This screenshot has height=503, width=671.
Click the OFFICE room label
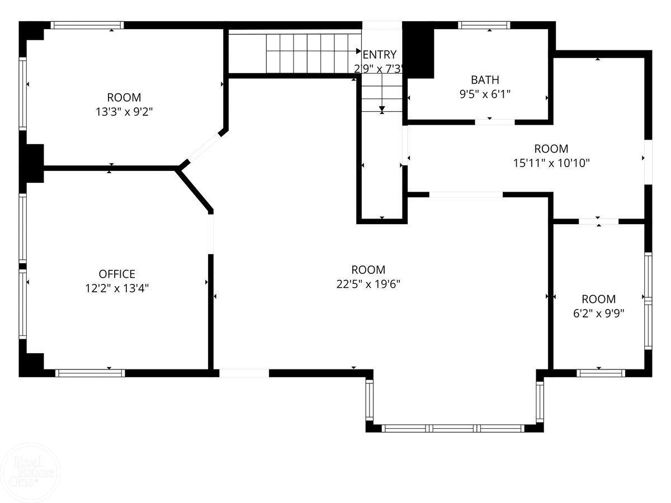pyautogui.click(x=117, y=274)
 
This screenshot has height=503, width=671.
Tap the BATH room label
pyautogui.click(x=484, y=79)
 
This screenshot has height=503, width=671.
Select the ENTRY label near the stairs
pyautogui.click(x=380, y=54)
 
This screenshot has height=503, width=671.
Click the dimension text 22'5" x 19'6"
pyautogui.click(x=368, y=284)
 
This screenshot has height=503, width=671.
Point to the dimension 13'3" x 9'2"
pyautogui.click(x=124, y=111)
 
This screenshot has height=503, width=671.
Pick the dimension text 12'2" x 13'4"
pyautogui.click(x=117, y=288)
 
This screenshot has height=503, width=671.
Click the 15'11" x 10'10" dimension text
pyautogui.click(x=551, y=163)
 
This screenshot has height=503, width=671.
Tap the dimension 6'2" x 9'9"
pyautogui.click(x=598, y=313)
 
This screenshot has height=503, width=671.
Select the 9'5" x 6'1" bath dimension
pyautogui.click(x=484, y=94)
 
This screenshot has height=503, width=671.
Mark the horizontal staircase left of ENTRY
pyautogui.click(x=310, y=52)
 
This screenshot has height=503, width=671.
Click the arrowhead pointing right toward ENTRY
pyautogui.click(x=359, y=51)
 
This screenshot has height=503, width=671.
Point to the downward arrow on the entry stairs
pyautogui.click(x=382, y=109)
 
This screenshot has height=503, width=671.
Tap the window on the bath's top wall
pyautogui.click(x=484, y=25)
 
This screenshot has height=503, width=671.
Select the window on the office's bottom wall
pyautogui.click(x=90, y=373)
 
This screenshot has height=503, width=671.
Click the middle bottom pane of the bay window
pyautogui.click(x=453, y=429)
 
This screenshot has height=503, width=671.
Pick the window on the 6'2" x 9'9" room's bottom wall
pyautogui.click(x=601, y=373)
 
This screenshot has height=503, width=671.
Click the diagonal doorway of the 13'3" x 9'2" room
pyautogui.click(x=203, y=146)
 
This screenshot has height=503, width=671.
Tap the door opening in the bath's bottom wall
pyautogui.click(x=495, y=121)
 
